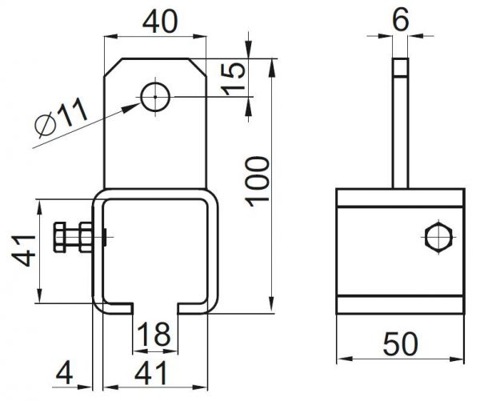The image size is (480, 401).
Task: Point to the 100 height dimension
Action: (x=257, y=182)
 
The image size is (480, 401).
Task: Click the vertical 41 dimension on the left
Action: (x=23, y=251)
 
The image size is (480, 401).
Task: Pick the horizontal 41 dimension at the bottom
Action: (x=151, y=373)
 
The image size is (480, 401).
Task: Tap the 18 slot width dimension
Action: (x=154, y=335)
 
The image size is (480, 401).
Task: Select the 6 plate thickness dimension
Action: (x=401, y=19)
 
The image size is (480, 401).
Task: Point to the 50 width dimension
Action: (x=401, y=343)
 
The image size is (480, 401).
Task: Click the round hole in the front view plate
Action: (x=155, y=97)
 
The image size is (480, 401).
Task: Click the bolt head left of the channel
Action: (x=59, y=238)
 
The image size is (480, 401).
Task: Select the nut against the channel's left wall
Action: (x=86, y=238)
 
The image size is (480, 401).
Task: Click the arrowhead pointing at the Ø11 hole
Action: (x=132, y=107)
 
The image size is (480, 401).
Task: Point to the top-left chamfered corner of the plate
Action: (x=114, y=66)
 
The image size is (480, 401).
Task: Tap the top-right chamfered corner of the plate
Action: (x=197, y=66)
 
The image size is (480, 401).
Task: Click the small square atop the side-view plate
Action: (x=401, y=67)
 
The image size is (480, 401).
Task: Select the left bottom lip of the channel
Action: (x=118, y=308)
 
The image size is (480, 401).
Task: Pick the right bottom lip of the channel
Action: (x=193, y=308)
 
